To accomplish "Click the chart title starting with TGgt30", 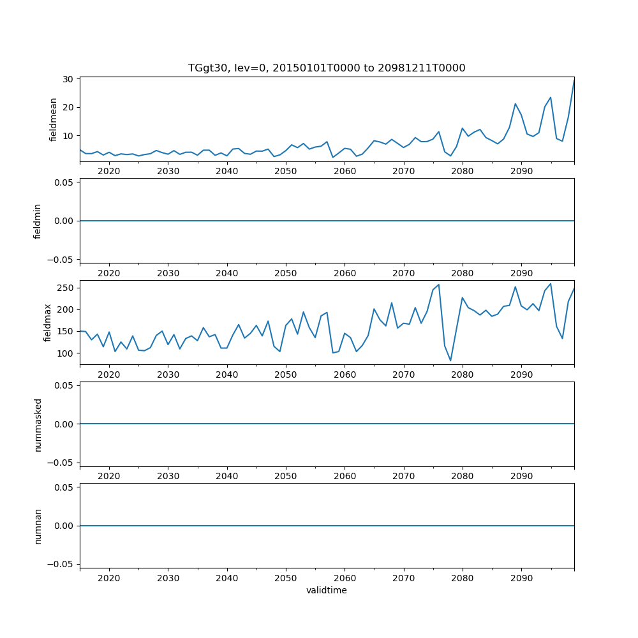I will point(327,68).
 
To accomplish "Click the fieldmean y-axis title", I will point(54,119).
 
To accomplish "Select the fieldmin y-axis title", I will point(38,221).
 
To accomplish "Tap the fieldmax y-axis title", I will point(48,323).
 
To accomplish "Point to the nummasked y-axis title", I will point(38,424).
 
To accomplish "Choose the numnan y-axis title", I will point(38,526).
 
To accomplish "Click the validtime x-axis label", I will point(327,590).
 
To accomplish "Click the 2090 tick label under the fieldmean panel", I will point(521,172).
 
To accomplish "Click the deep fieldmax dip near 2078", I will point(450,360).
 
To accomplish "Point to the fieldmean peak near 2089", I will point(516,103).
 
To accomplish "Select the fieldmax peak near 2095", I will point(551,284).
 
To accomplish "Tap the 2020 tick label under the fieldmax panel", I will point(109,375).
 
